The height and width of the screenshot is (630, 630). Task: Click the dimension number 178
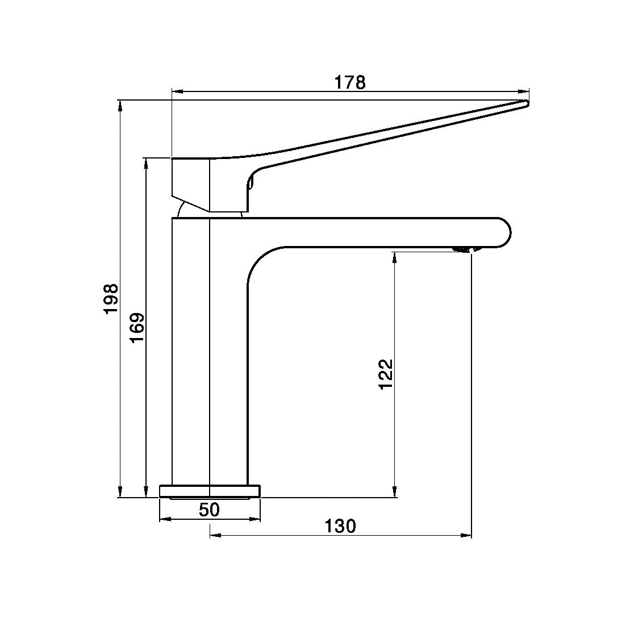tap(349, 82)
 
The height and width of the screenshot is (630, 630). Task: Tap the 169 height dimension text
tap(137, 327)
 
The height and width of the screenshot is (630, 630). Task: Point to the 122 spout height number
tap(386, 374)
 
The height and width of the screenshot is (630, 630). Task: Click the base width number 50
tap(209, 510)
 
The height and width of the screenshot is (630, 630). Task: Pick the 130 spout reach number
tap(340, 526)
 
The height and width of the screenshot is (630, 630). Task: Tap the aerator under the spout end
tap(464, 249)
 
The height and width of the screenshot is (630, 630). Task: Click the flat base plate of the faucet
tap(210, 491)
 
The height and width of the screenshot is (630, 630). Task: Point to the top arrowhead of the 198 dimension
tap(120, 106)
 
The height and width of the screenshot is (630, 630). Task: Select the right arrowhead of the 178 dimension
tap(523, 90)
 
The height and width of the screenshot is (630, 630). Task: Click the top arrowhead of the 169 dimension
tap(147, 164)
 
